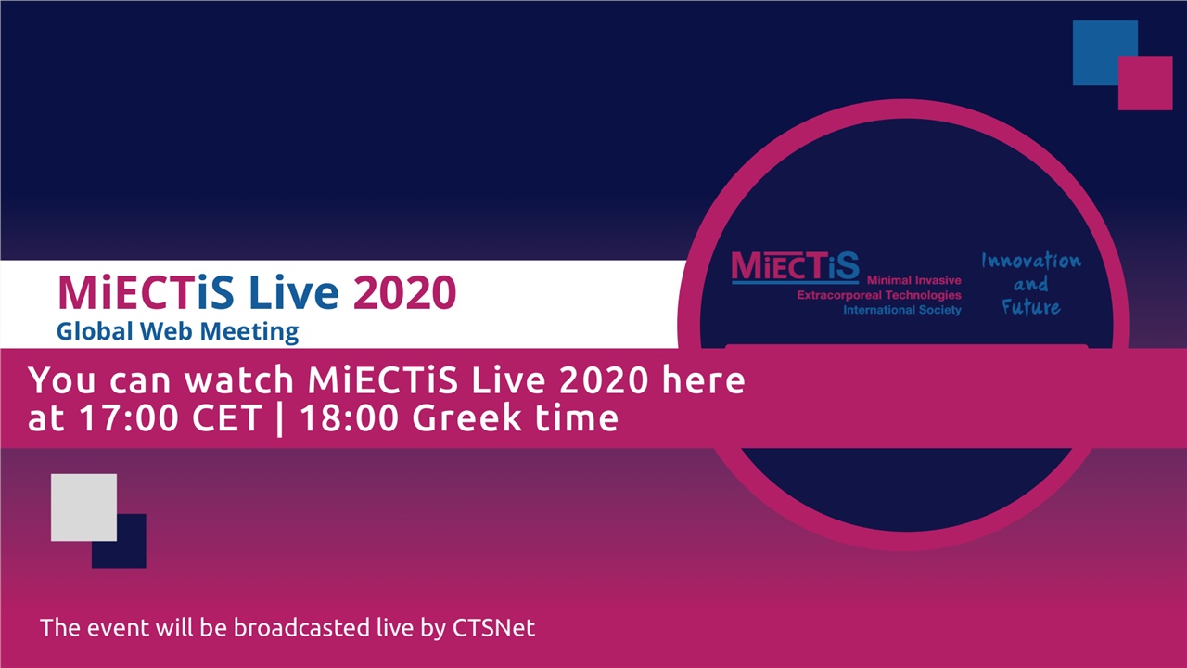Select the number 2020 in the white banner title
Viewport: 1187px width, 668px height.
coord(404,292)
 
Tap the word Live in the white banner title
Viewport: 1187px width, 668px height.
coord(294,292)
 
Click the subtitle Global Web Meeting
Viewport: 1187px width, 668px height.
coord(177,330)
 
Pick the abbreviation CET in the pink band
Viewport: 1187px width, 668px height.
coord(226,417)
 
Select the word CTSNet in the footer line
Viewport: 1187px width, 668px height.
coord(493,627)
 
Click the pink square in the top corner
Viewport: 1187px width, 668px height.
coord(1146,83)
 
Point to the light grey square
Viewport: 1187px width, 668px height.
coord(83,507)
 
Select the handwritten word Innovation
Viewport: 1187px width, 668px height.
coord(1030,261)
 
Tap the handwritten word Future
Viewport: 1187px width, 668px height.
coord(1030,306)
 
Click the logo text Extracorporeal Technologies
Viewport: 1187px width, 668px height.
coord(879,295)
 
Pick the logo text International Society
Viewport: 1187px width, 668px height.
coord(901,310)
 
